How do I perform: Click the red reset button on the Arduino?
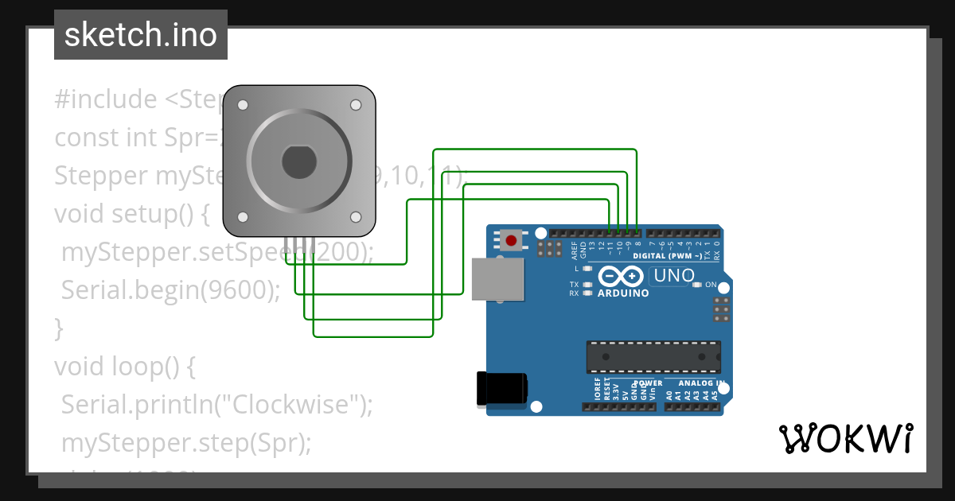pos(510,239)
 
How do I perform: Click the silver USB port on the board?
pos(498,279)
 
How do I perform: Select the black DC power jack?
pos(501,388)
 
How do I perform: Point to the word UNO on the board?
pos(672,276)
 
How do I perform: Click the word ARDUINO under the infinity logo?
pos(622,293)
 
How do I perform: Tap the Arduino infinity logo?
pos(622,276)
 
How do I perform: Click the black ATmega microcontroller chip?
pos(653,357)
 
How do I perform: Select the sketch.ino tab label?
pos(141,35)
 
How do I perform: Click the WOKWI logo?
pos(845,438)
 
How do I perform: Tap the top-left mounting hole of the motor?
pos(243,104)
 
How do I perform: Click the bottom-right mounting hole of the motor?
pos(356,216)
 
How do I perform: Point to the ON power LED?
pos(697,285)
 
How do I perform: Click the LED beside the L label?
pos(588,269)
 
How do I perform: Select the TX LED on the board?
pos(588,284)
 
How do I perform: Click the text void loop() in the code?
pos(124,366)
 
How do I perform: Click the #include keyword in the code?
pos(106,99)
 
